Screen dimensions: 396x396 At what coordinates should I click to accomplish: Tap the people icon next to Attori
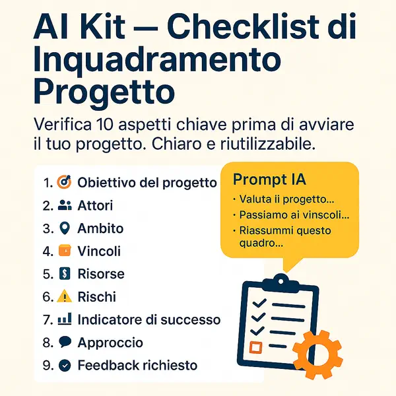tap(65, 205)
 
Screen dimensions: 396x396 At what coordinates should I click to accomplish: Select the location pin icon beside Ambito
tap(65, 228)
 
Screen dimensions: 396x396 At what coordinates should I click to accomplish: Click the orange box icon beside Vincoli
tap(65, 251)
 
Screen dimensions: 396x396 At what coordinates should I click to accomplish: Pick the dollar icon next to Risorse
tap(65, 274)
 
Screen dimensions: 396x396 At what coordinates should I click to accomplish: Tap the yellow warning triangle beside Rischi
tap(65, 297)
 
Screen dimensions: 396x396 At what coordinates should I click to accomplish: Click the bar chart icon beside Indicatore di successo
tap(65, 319)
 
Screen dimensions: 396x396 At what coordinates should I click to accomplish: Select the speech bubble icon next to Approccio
tap(65, 343)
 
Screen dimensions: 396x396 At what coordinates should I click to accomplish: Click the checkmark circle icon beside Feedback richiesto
tap(65, 365)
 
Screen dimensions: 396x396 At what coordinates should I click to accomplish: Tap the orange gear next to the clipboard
tap(317, 351)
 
